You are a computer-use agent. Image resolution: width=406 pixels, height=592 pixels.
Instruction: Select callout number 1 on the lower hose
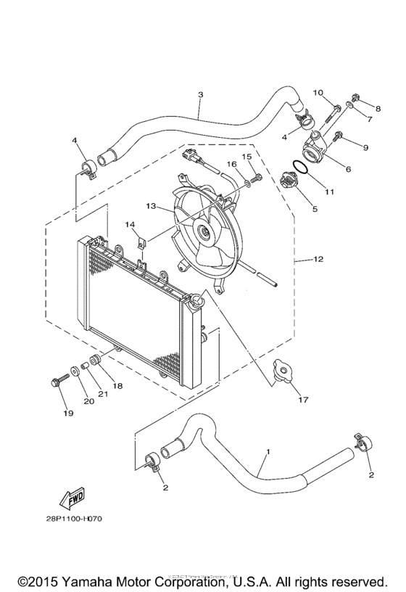268,451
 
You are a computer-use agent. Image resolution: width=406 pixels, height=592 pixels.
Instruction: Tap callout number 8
377,108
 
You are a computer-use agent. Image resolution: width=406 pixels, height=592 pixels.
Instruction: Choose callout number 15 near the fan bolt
246,156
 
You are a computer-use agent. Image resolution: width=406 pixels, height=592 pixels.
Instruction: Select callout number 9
365,147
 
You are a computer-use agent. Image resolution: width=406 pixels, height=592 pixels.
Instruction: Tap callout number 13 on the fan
150,206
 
